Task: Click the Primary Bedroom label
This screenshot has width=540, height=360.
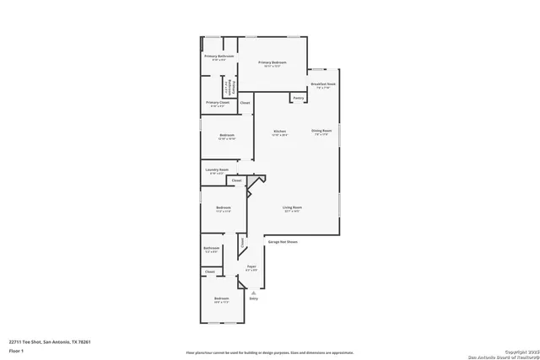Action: pyautogui.click(x=273, y=63)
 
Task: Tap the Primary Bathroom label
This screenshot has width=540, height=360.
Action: pyautogui.click(x=219, y=56)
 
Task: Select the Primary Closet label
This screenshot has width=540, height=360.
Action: pyautogui.click(x=218, y=103)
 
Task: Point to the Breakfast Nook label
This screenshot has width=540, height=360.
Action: pyautogui.click(x=323, y=84)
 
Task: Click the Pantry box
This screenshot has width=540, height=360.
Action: pyautogui.click(x=299, y=99)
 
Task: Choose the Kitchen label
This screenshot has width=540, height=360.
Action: pyautogui.click(x=280, y=132)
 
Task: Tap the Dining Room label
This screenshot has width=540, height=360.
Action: pyautogui.click(x=321, y=131)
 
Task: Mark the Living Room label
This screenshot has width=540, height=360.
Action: pyautogui.click(x=293, y=208)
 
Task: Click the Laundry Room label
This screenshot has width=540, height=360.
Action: pyautogui.click(x=217, y=169)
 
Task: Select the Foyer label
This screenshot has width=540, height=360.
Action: pyautogui.click(x=251, y=266)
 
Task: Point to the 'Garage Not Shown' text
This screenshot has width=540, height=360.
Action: pyautogui.click(x=283, y=242)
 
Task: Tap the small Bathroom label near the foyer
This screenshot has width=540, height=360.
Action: pyautogui.click(x=211, y=248)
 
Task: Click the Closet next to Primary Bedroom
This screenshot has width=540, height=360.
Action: pyautogui.click(x=245, y=103)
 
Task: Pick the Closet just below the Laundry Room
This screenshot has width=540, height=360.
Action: pyautogui.click(x=237, y=180)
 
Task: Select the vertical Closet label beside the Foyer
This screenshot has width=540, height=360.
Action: pyautogui.click(x=242, y=243)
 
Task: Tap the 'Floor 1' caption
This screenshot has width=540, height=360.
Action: pyautogui.click(x=15, y=350)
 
